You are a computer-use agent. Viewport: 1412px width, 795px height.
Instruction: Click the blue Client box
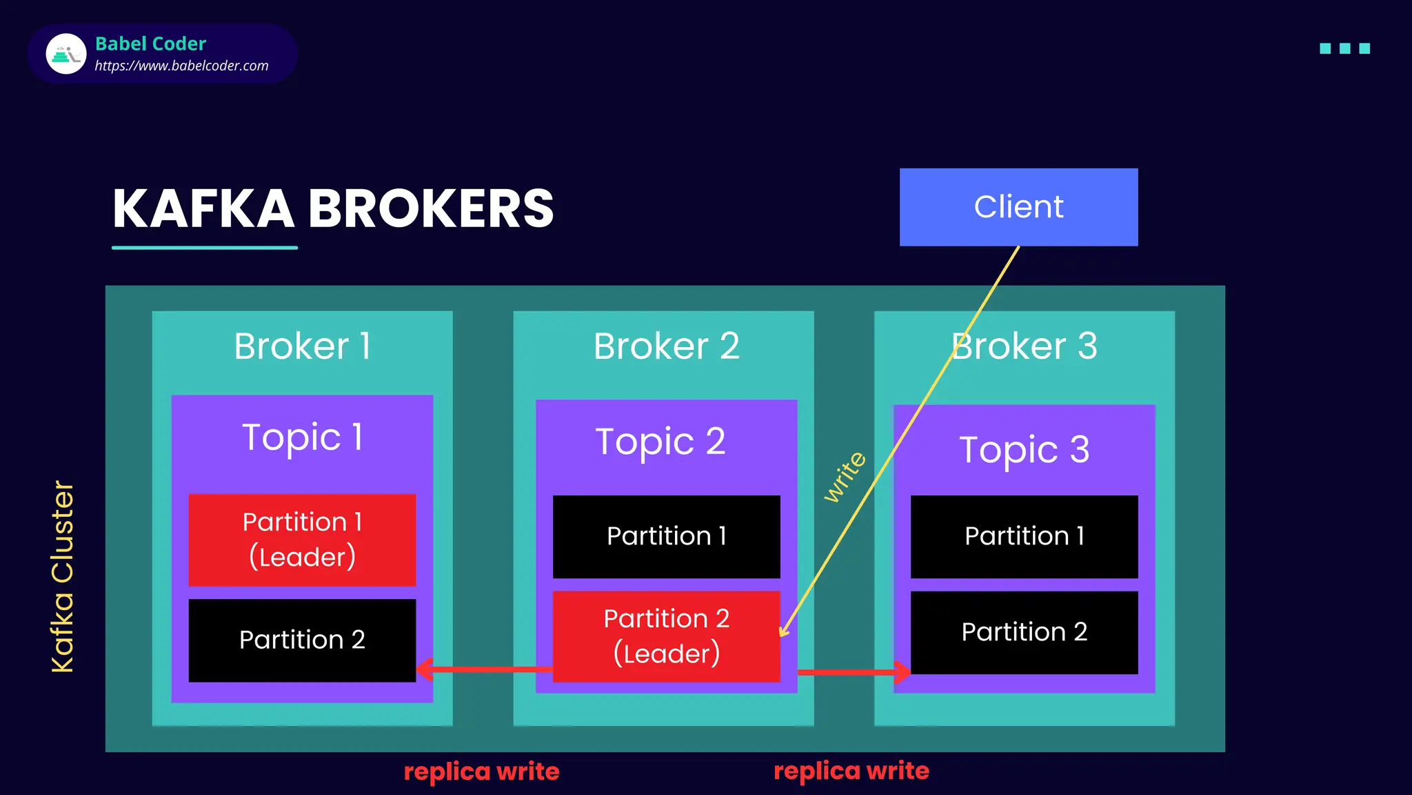pos(1018,207)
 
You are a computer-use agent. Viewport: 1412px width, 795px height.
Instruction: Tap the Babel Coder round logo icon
pos(65,54)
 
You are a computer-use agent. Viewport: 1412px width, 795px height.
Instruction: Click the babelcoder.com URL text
pos(181,66)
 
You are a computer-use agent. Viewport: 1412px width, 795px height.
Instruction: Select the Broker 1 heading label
pos(302,346)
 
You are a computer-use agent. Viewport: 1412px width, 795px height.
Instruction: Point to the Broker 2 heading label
pos(666,346)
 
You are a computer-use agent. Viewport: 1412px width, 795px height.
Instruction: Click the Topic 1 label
pos(302,438)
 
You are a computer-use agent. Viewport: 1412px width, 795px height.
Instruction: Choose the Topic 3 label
pos(1024,450)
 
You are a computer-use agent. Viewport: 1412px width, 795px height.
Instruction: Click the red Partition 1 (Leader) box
pos(302,540)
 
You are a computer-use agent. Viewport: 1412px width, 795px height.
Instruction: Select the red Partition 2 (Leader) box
pos(666,636)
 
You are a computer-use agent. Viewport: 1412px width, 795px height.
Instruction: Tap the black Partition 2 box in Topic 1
pos(302,640)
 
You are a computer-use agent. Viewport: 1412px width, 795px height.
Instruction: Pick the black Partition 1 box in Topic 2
pos(666,536)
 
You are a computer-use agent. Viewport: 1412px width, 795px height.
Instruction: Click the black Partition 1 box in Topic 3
pos(1024,536)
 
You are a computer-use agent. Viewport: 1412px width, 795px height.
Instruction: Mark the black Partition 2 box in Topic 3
pos(1024,632)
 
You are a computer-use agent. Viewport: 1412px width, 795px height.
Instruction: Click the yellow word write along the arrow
pos(845,477)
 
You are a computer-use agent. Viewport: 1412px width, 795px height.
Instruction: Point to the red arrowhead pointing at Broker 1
pos(425,669)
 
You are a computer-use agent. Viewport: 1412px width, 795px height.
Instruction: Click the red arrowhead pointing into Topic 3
pos(902,671)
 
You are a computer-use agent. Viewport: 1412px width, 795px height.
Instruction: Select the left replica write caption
pos(481,772)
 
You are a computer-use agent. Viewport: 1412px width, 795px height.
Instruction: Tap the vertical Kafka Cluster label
pos(63,576)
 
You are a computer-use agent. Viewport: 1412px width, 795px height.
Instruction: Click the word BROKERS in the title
pos(430,209)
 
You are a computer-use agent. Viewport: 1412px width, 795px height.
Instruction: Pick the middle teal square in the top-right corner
pos(1344,48)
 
